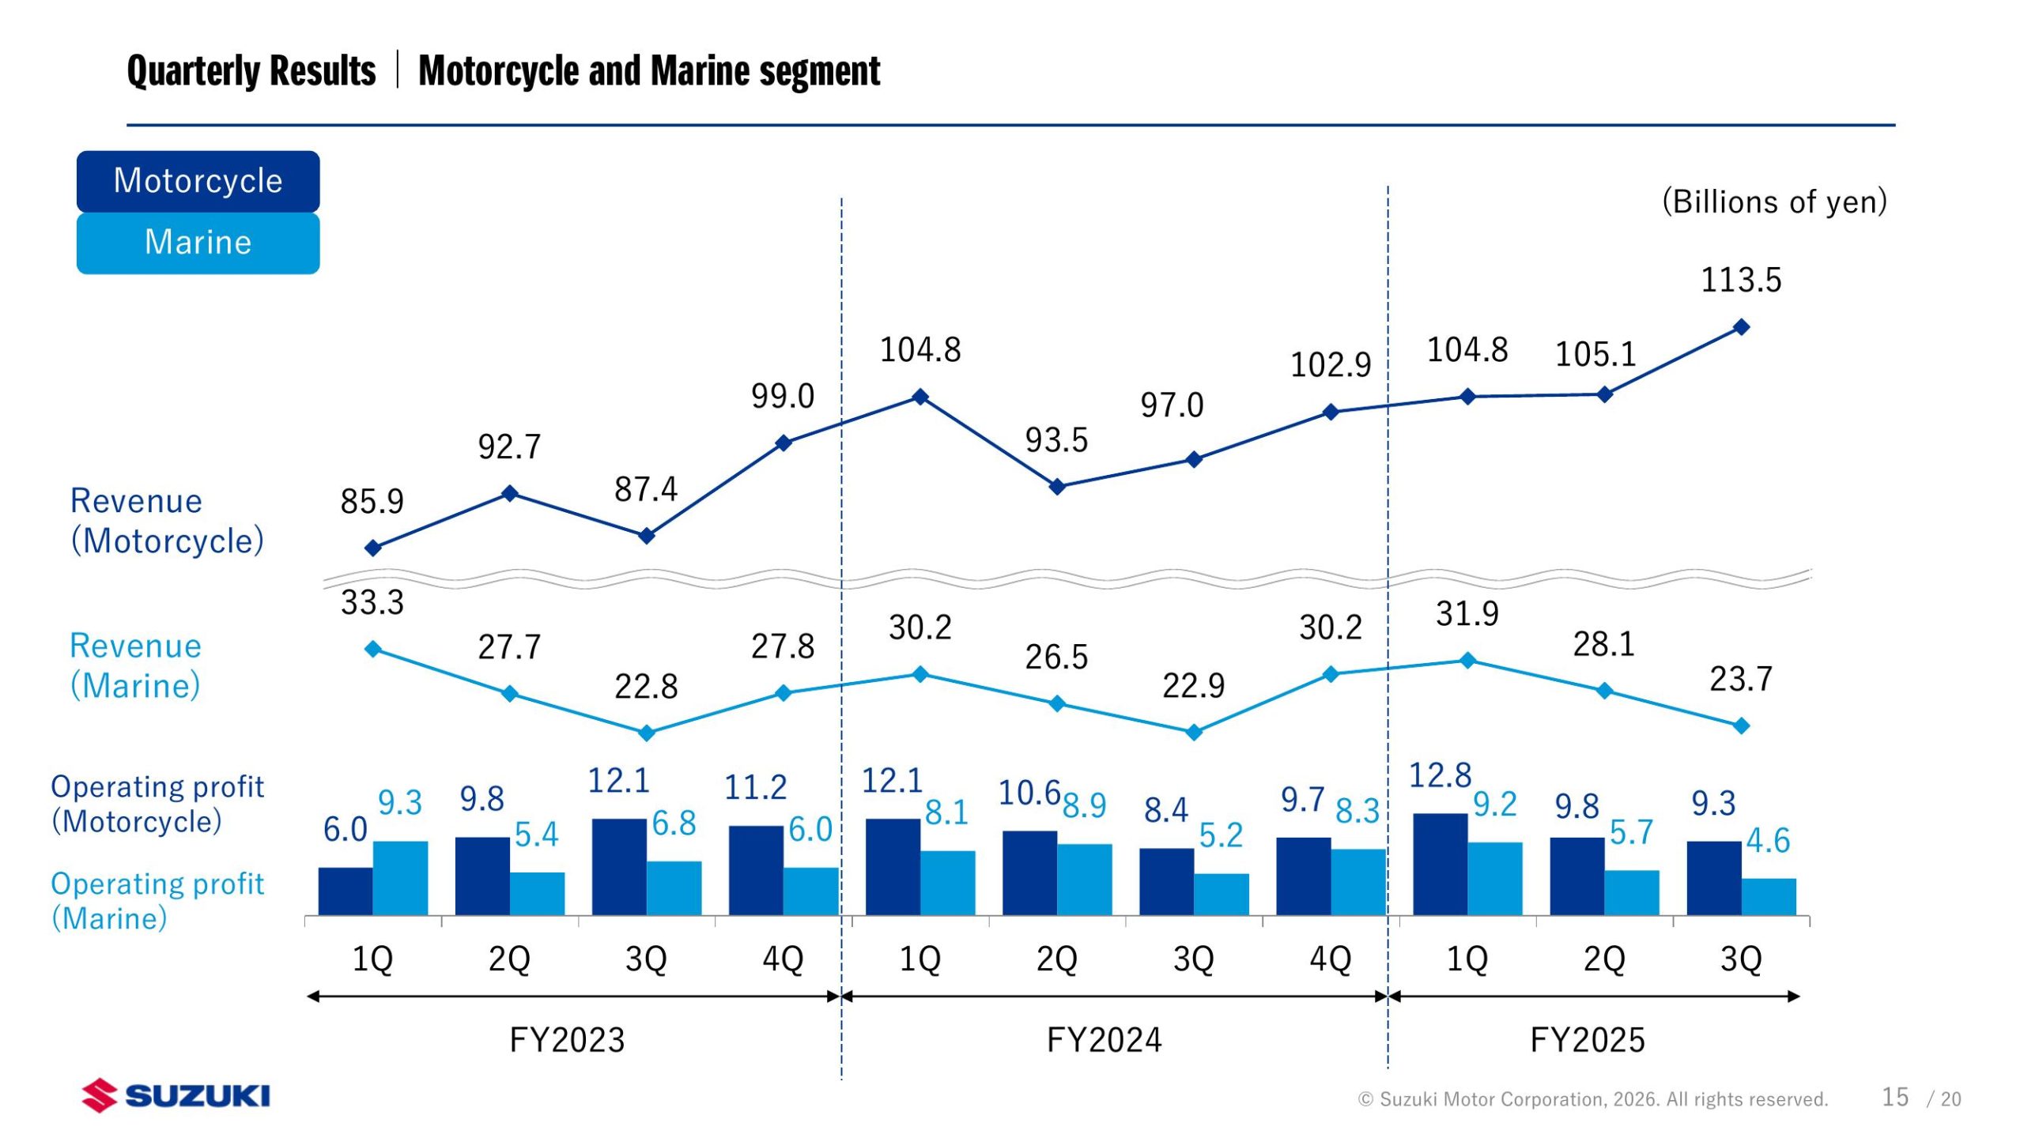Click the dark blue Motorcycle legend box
pyautogui.click(x=198, y=181)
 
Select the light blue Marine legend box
pyautogui.click(x=198, y=243)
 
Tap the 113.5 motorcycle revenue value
pyautogui.click(x=1741, y=281)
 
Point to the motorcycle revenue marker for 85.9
pyautogui.click(x=373, y=548)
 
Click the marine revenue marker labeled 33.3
pyautogui.click(x=373, y=649)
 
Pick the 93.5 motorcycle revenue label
pyautogui.click(x=1056, y=440)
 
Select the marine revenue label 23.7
pyautogui.click(x=1741, y=679)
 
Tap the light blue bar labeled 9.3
pyautogui.click(x=400, y=878)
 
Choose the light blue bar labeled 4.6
pyautogui.click(x=1769, y=896)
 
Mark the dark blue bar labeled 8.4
pyautogui.click(x=1166, y=881)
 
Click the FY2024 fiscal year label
pyautogui.click(x=1104, y=1040)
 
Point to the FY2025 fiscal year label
pyautogui.click(x=1588, y=1040)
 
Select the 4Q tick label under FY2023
pyautogui.click(x=783, y=959)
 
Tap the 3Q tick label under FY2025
pyautogui.click(x=1741, y=959)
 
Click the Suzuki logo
pyautogui.click(x=176, y=1095)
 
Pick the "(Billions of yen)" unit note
pyautogui.click(x=1774, y=202)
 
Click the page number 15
pyautogui.click(x=1895, y=1097)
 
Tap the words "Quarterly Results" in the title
pyautogui.click(x=251, y=71)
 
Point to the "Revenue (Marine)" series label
pyautogui.click(x=135, y=665)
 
